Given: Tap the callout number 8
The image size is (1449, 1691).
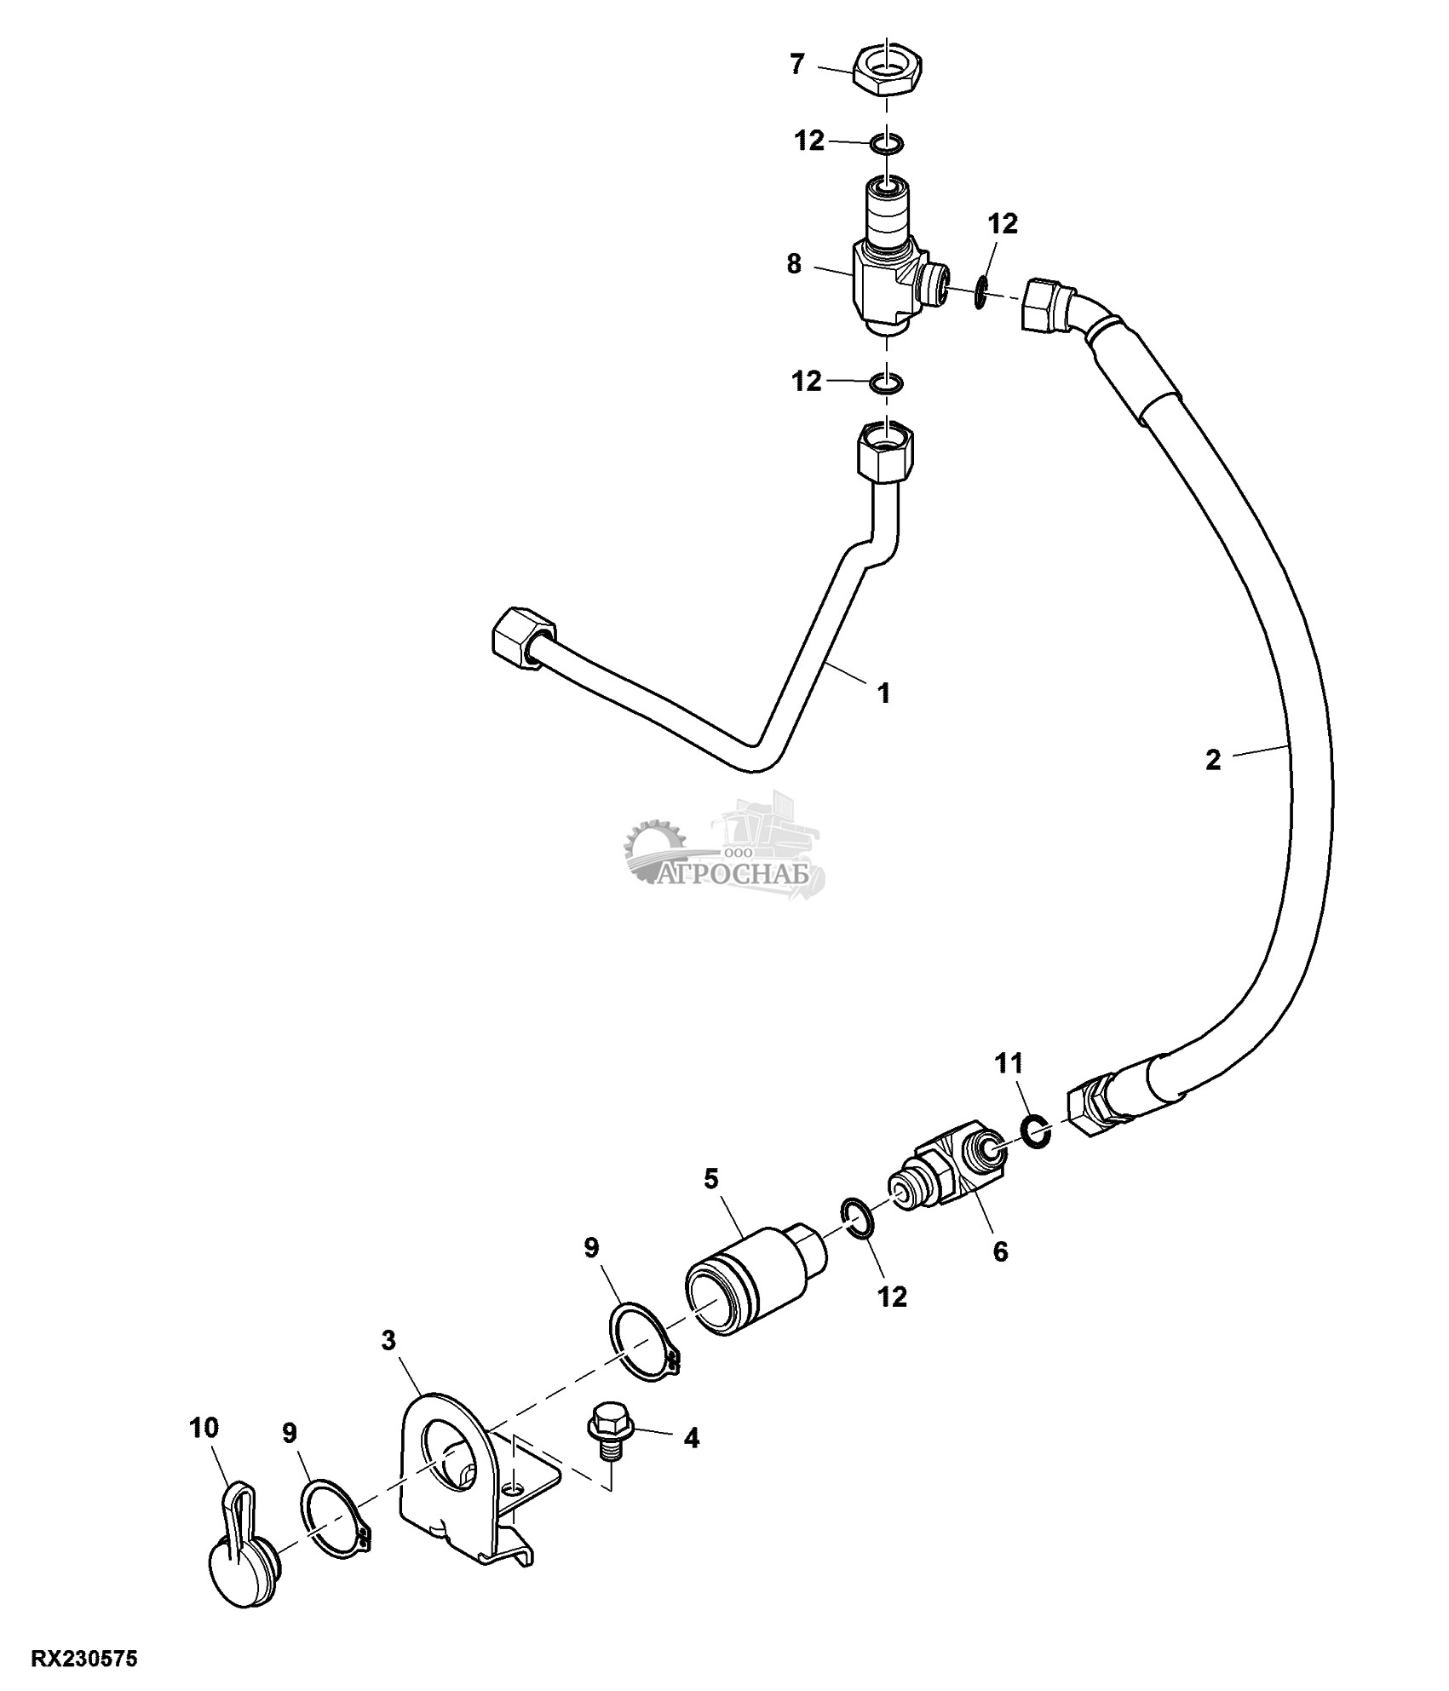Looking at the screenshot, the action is click(x=794, y=264).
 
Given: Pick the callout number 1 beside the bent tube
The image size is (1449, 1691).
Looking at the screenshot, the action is click(x=884, y=693).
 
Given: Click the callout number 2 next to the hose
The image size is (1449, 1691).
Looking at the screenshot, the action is click(x=1214, y=759).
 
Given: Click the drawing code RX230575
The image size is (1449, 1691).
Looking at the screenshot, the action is click(x=84, y=1659).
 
